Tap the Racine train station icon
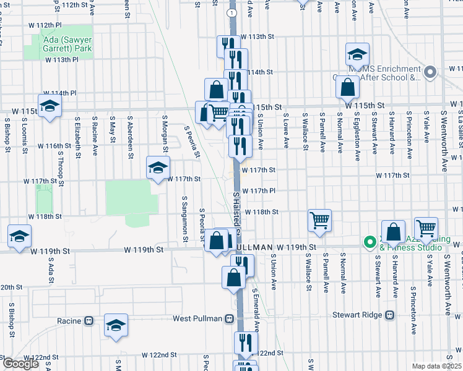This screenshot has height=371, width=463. click(89, 321)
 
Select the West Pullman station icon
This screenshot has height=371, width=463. click(229, 318)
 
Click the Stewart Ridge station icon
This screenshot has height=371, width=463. click(389, 314)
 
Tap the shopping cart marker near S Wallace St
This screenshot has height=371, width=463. click(319, 220)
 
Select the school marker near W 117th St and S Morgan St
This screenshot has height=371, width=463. click(158, 166)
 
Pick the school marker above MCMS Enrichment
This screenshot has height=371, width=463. click(357, 54)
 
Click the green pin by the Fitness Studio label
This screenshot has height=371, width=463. click(370, 242)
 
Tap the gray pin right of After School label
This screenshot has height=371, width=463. click(431, 72)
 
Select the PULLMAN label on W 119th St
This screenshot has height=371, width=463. click(254, 247)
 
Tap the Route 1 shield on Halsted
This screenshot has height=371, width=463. click(230, 12)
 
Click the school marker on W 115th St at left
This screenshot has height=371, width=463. click(50, 105)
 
